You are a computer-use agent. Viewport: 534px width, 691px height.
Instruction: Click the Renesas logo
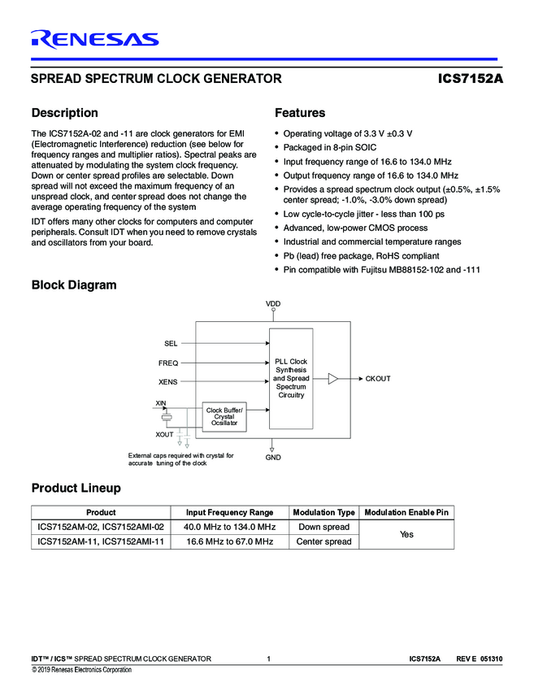tap(95, 38)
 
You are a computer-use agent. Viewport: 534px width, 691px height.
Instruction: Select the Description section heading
tap(64, 113)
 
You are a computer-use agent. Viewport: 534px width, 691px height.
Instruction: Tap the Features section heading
tap(300, 113)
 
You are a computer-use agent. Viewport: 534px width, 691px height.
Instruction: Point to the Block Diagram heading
tap(73, 285)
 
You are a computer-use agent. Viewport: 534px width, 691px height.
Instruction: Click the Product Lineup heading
tap(76, 488)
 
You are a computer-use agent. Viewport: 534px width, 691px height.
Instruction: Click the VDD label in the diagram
tap(273, 303)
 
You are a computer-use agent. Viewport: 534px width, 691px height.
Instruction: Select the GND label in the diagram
tap(273, 458)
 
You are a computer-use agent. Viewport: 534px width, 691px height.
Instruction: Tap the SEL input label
tap(171, 344)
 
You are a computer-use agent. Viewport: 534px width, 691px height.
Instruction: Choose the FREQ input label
tap(168, 363)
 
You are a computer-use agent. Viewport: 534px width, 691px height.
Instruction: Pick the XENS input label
tap(168, 380)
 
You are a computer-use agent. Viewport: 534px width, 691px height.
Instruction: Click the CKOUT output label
tap(378, 379)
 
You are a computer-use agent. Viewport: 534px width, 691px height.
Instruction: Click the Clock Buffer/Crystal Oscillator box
tap(224, 417)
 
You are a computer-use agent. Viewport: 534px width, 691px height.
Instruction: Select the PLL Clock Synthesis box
tap(291, 378)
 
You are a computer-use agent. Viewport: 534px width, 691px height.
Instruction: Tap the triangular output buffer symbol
tap(332, 379)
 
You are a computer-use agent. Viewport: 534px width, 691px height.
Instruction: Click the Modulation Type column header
tap(323, 512)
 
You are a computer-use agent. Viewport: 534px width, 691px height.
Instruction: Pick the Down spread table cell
tap(323, 527)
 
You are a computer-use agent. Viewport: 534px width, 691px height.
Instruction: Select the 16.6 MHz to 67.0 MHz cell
tap(230, 541)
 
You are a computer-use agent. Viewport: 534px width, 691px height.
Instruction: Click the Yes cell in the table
tap(407, 534)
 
